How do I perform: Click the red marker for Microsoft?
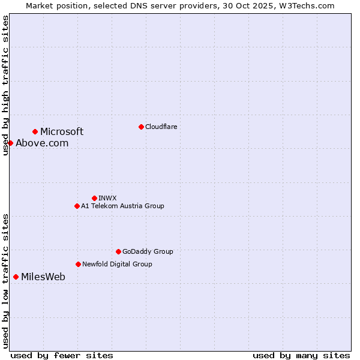[x=35, y=131]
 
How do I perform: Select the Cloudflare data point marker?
[x=141, y=127]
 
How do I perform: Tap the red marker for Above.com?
[x=10, y=143]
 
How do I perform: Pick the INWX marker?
[x=94, y=198]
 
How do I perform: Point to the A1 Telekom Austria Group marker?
[x=77, y=206]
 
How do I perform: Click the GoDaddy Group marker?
[x=118, y=251]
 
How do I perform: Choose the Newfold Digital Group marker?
[x=78, y=264]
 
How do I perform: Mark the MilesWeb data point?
[x=16, y=277]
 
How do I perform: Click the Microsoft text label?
[x=62, y=132]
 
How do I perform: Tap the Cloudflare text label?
[x=161, y=127]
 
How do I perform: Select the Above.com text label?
[x=42, y=143]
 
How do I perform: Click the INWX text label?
[x=107, y=198]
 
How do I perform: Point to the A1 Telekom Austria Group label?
[x=122, y=206]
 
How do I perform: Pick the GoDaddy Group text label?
[x=148, y=252]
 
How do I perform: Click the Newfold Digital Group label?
[x=117, y=264]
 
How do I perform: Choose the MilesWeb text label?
[x=43, y=277]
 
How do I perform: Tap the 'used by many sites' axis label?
[x=301, y=355]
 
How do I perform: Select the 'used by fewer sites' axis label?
[x=62, y=355]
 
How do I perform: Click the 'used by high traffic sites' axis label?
[x=5, y=85]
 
